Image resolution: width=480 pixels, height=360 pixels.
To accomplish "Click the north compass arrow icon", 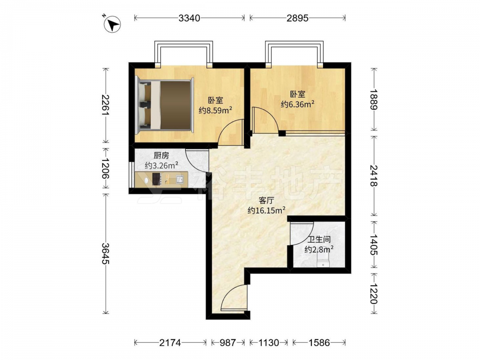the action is [112, 24].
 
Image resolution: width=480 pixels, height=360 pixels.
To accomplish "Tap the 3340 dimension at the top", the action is [189, 18].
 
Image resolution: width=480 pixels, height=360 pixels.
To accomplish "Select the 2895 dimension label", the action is [298, 18].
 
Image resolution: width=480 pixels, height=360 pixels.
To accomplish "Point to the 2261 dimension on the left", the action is [106, 105].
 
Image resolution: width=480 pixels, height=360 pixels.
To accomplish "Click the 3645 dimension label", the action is [106, 253].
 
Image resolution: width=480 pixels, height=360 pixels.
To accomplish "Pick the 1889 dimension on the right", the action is [374, 99].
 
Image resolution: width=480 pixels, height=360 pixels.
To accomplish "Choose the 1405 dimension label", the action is [374, 245].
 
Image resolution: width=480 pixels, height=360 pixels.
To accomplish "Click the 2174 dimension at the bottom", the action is [170, 343].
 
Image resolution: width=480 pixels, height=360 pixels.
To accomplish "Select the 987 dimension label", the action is [228, 343].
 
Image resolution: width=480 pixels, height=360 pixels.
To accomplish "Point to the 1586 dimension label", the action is [319, 343].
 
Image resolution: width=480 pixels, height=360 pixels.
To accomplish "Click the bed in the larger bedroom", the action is [165, 105].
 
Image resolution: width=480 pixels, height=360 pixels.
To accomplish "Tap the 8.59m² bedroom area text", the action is [215, 110].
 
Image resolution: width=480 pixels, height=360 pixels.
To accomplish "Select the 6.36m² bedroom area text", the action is [298, 104].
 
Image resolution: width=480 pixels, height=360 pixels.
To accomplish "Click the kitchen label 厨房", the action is [161, 156].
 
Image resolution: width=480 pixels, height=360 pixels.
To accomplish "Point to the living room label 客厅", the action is [266, 201].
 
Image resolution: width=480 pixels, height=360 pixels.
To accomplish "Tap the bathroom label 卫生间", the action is [319, 240].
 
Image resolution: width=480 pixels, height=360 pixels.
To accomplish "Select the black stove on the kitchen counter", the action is [156, 179].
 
